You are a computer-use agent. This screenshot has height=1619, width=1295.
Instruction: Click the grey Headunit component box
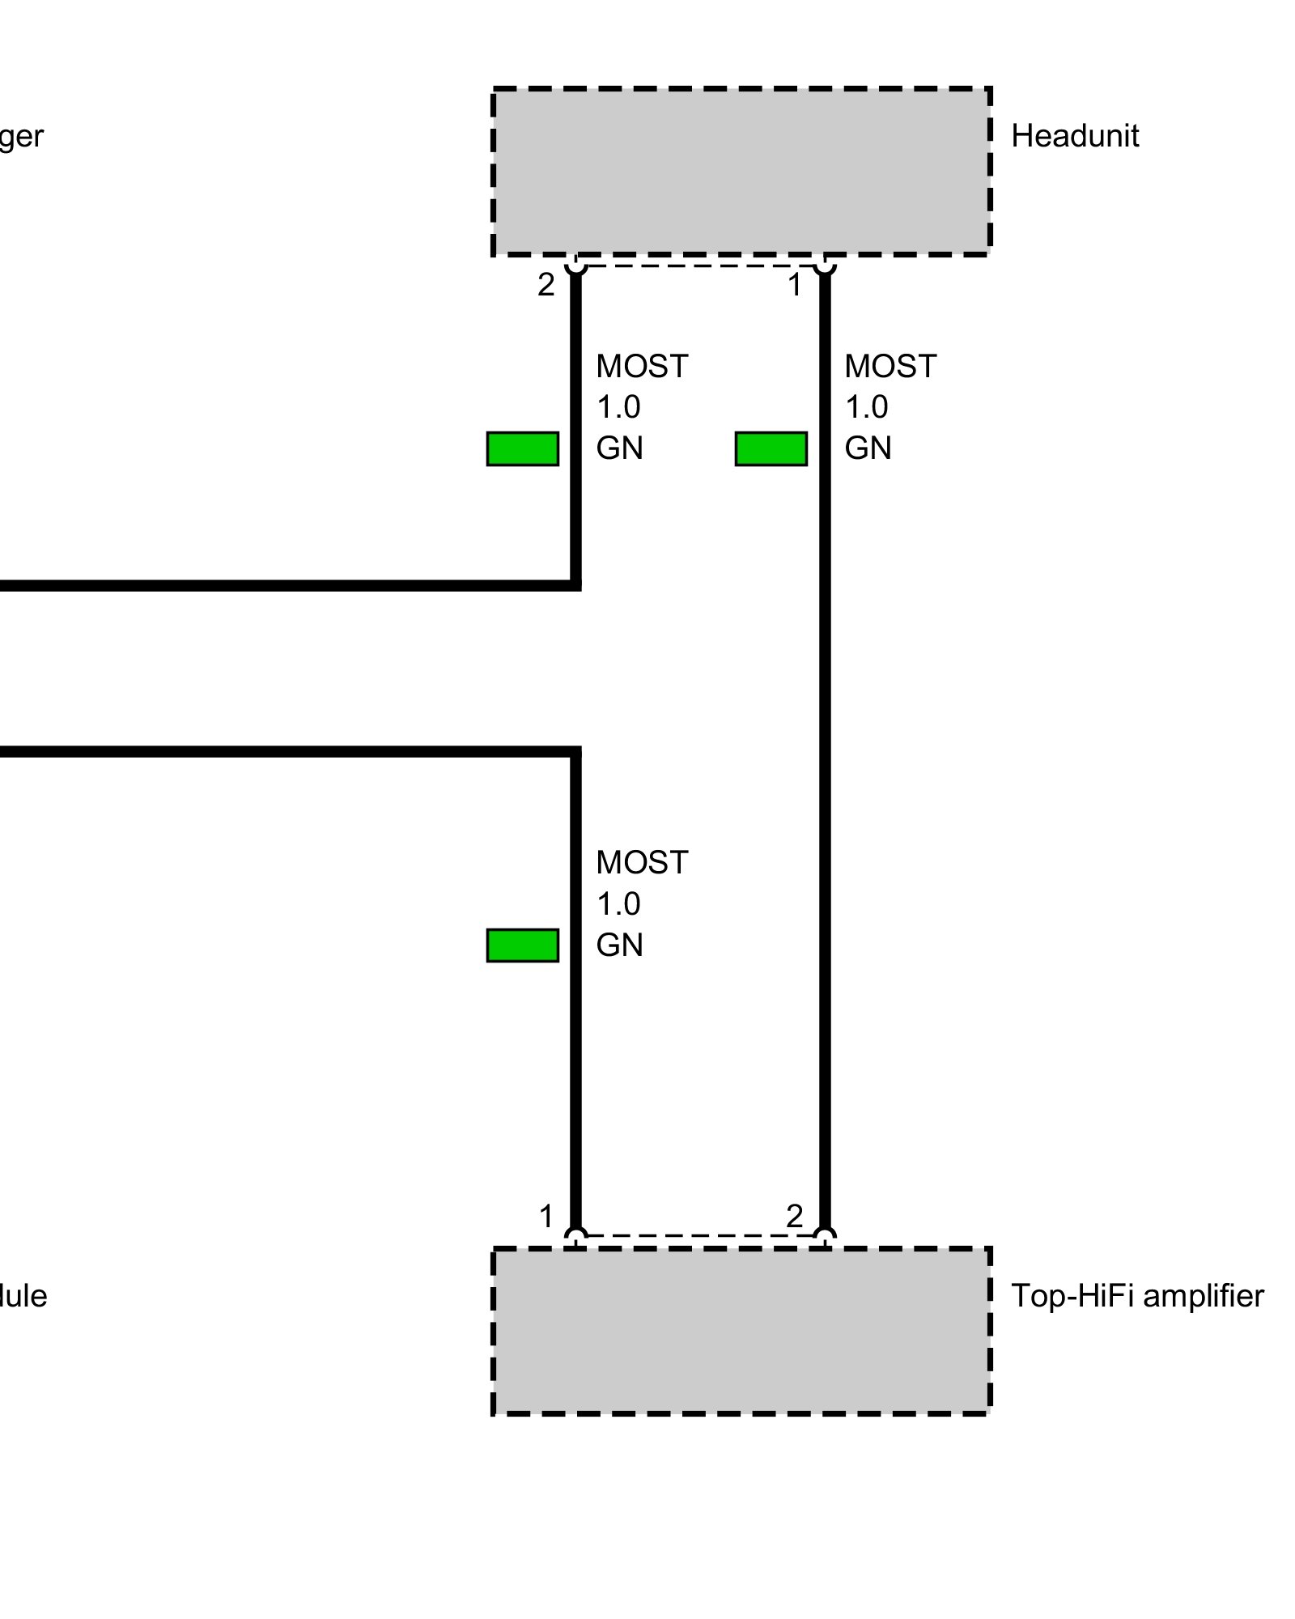741,171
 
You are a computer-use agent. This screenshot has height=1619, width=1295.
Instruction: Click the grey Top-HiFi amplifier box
741,1331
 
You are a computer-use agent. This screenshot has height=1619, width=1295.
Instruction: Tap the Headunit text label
1074,136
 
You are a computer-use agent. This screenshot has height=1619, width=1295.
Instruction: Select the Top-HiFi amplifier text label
1136,1296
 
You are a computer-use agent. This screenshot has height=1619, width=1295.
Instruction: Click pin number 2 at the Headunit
546,285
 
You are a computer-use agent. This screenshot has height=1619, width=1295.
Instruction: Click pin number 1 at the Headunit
795,285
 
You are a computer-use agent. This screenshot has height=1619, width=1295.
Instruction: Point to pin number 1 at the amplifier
546,1216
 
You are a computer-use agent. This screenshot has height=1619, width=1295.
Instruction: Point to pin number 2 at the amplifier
795,1216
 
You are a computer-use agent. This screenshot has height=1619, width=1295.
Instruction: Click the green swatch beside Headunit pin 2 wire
522,448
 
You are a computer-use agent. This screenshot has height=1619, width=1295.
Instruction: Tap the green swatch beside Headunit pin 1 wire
771,448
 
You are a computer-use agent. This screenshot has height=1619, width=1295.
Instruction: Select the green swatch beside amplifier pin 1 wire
522,945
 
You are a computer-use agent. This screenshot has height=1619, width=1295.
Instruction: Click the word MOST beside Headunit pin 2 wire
642,367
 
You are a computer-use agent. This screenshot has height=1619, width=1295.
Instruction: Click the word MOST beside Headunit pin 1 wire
890,367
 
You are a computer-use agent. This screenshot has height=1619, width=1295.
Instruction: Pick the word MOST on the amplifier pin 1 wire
642,863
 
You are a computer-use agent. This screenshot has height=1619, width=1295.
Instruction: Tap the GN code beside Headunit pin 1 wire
868,448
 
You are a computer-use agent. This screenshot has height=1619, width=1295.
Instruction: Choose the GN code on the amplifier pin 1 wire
619,945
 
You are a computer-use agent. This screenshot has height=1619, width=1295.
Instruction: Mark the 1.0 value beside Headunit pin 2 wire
618,407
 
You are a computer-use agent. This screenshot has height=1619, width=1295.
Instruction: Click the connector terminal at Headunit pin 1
824,265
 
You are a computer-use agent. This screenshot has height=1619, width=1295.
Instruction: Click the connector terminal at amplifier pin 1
575,1236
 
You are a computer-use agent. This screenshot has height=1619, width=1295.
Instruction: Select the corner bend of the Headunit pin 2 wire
575,585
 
